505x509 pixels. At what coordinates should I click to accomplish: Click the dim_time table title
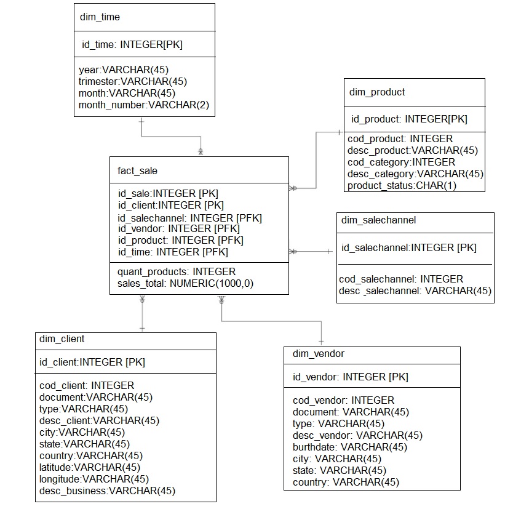coord(100,17)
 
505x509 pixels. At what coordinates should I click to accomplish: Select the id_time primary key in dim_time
coord(132,44)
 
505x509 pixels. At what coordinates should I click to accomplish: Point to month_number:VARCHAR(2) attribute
coord(144,105)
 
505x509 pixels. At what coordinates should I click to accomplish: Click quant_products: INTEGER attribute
coord(177,271)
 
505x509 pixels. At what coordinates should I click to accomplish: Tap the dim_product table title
coord(377,92)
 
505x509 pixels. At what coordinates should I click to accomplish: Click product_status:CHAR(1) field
coord(402,185)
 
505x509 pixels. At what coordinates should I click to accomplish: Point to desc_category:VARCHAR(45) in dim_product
coord(415,174)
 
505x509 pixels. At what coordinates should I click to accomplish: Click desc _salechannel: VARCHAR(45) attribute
coord(415,291)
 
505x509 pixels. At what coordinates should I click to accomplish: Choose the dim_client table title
coord(62,339)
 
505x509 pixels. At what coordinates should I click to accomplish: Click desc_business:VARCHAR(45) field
coord(107,491)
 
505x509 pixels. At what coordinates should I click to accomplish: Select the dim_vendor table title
coord(319,354)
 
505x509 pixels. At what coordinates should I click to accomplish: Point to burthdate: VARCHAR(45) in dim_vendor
coord(349,447)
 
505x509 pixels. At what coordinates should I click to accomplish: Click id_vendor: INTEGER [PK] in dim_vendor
coord(350,377)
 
